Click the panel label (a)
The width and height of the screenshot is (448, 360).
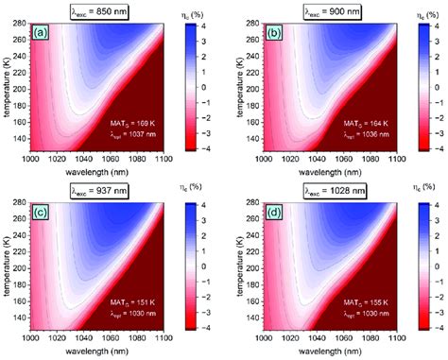tap(40, 31)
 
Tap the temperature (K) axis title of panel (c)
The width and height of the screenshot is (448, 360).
tap(8, 265)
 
